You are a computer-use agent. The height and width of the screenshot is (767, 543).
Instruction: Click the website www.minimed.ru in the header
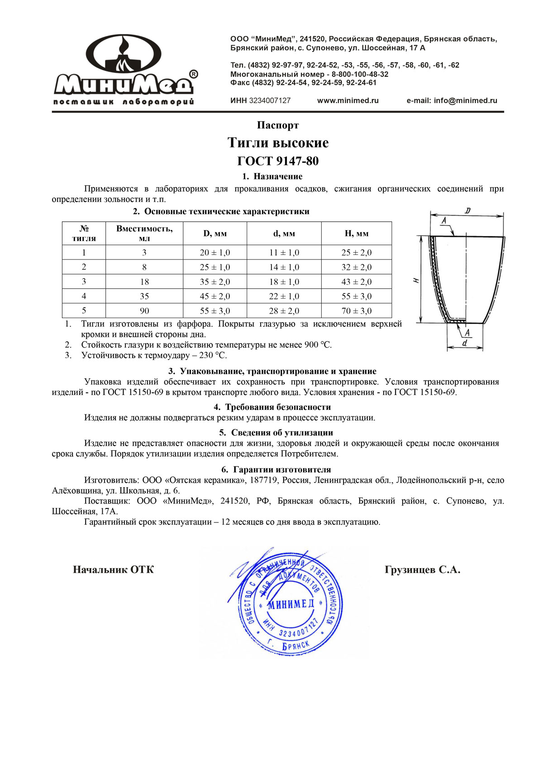point(348,101)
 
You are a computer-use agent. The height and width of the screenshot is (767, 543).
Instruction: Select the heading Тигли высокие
point(278,143)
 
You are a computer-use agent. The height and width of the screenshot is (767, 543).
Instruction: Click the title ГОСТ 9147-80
point(278,161)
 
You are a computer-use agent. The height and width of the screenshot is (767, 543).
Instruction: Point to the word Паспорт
point(278,125)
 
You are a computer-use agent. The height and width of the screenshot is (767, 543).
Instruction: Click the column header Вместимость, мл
point(144,233)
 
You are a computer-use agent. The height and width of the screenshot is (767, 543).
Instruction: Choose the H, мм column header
point(357,234)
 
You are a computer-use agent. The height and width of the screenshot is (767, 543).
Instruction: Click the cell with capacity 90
point(144,311)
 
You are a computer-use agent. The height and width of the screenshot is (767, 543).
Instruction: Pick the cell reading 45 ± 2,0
point(215,296)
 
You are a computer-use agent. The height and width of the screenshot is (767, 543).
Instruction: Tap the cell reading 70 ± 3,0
point(357,311)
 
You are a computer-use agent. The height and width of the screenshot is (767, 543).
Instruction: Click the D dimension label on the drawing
point(467,211)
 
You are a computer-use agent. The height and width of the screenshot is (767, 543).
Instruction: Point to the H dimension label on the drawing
point(416,280)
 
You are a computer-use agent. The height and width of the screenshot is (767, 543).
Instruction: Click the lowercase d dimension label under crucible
point(465,343)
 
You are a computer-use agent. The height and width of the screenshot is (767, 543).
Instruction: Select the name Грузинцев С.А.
point(422,570)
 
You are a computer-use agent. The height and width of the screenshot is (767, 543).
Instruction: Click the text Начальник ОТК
point(113,569)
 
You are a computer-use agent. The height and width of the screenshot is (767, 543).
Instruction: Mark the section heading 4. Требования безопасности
point(272,407)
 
